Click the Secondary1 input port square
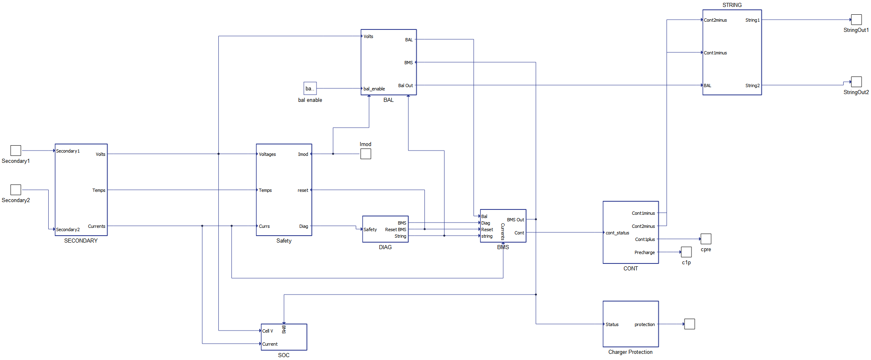point(16,151)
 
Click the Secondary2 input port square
point(16,190)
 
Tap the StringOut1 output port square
point(856,20)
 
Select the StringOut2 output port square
point(856,82)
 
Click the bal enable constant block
point(310,88)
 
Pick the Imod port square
point(366,154)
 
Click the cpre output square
point(706,239)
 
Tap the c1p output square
point(686,252)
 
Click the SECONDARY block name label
point(81,241)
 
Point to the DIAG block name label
point(385,247)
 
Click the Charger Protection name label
point(631,352)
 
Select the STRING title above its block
point(732,5)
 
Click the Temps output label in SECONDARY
point(99,190)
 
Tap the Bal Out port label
point(406,85)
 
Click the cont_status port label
point(617,233)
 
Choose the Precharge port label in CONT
point(644,252)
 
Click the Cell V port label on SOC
point(267,331)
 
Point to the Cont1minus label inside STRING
point(715,53)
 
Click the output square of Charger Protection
point(689,324)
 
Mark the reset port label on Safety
point(303,190)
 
